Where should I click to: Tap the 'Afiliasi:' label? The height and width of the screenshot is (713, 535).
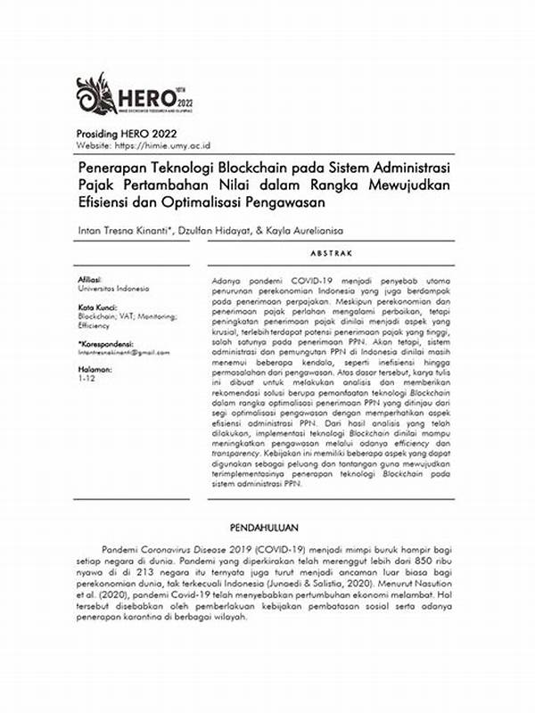pyautogui.click(x=90, y=280)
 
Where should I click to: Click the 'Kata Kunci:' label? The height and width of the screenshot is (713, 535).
pyautogui.click(x=95, y=307)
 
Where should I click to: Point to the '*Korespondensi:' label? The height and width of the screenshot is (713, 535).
pyautogui.click(x=105, y=343)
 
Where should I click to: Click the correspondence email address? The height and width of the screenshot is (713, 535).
pyautogui.click(x=122, y=352)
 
